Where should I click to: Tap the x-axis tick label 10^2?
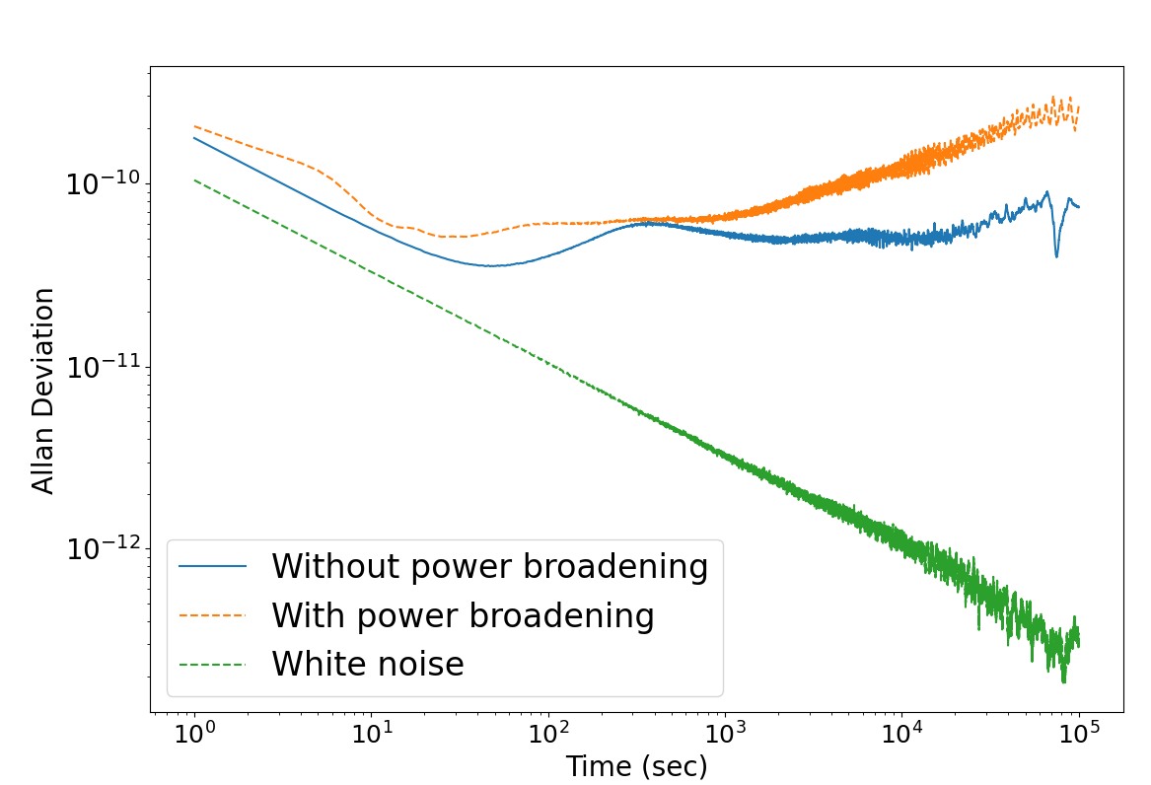click(x=547, y=736)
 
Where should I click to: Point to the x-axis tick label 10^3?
click(x=724, y=736)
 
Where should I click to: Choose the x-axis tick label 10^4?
click(x=901, y=736)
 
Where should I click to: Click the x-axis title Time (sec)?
click(x=636, y=766)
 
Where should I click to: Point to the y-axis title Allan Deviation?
click(x=42, y=391)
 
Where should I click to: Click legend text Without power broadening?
click(x=489, y=567)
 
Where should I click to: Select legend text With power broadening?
click(x=463, y=616)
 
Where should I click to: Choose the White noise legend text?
click(x=367, y=665)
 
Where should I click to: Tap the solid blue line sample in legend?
click(x=212, y=567)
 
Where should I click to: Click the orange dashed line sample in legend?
click(x=212, y=616)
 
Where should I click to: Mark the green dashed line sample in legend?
click(x=212, y=665)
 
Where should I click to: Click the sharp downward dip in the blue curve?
click(x=1056, y=254)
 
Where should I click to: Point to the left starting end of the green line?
click(x=195, y=180)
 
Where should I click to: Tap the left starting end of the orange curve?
click(x=195, y=126)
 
